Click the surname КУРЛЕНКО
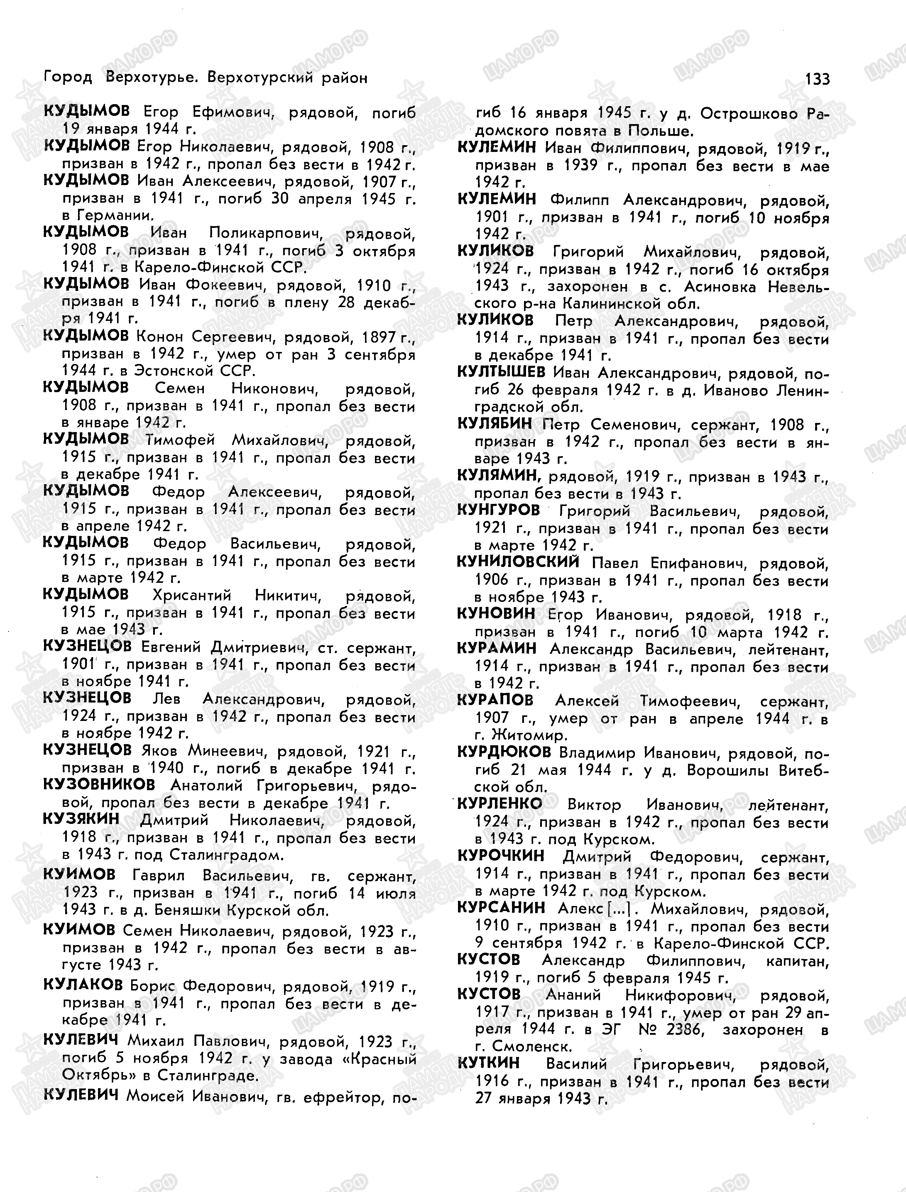point(499,804)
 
